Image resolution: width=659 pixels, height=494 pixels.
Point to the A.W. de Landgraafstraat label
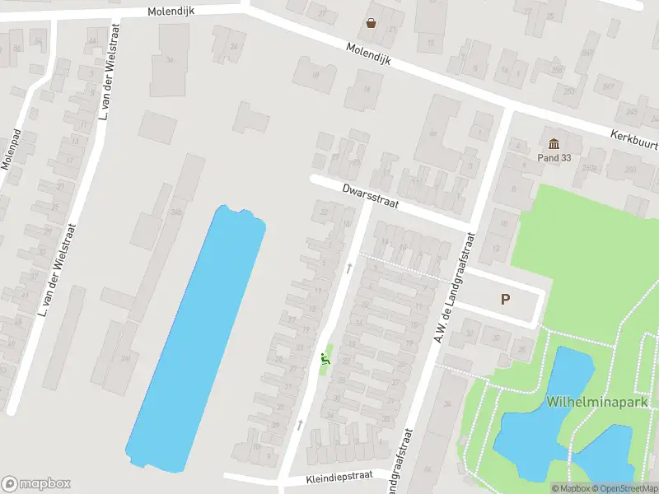[x=452, y=288]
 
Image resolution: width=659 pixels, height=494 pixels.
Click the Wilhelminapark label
[x=587, y=403]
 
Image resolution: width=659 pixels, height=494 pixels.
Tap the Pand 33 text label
[x=554, y=157]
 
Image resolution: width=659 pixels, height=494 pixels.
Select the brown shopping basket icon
[x=372, y=23]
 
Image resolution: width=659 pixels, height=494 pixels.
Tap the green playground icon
[x=326, y=359]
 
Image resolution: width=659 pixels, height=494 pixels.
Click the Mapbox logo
[x=36, y=484]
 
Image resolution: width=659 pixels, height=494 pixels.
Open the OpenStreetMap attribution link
[x=623, y=488]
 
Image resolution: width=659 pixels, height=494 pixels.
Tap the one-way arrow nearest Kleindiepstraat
[x=300, y=425]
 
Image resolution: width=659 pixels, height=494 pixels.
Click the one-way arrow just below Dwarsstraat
[x=350, y=268]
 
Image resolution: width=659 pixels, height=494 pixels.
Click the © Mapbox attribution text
[x=569, y=488]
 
